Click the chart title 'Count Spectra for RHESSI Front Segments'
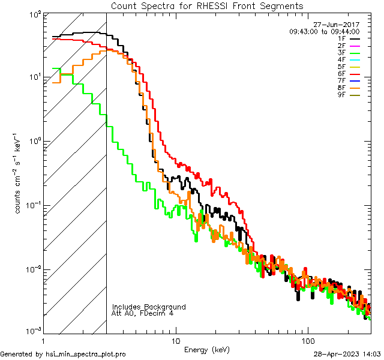point(207,5)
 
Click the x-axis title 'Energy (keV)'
point(207,350)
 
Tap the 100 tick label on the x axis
point(308,341)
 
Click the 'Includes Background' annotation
point(149,307)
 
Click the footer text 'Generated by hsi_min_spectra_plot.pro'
point(63,354)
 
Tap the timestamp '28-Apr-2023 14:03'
point(348,354)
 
